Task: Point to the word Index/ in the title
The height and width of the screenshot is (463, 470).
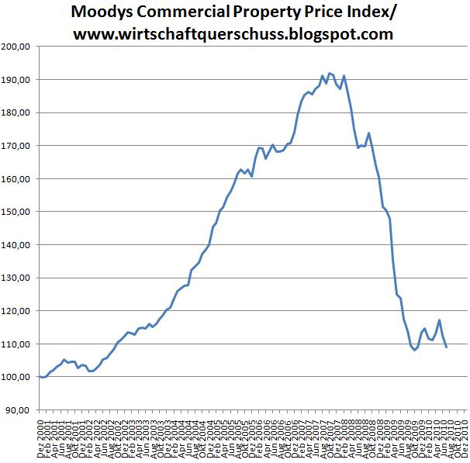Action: point(367,12)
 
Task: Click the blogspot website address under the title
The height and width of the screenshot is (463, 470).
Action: point(233,34)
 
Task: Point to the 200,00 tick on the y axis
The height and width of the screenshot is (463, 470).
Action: point(17,47)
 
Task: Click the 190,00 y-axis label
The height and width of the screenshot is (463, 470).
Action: point(17,80)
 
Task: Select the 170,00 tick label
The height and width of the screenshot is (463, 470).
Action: point(17,146)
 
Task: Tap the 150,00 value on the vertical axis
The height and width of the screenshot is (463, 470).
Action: point(17,212)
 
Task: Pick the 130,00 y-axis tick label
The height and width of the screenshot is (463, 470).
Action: point(17,278)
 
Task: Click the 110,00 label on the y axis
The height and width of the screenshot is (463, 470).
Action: point(17,344)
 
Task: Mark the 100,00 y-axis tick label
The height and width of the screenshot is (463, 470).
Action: point(17,377)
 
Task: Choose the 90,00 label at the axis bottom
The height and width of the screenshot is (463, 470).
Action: point(19,409)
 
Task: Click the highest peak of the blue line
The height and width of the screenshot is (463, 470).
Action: point(330,73)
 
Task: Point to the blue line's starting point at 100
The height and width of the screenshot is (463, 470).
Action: point(40,376)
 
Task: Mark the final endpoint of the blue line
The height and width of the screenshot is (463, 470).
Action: point(446,347)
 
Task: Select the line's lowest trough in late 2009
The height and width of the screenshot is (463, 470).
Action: point(414,350)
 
